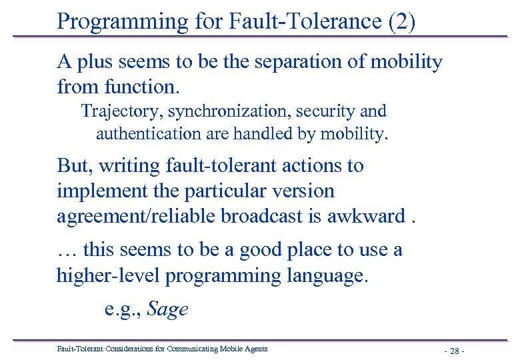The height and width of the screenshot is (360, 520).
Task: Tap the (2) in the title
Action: (401, 21)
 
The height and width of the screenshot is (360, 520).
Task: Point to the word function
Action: (142, 87)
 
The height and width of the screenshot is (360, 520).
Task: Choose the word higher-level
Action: (109, 275)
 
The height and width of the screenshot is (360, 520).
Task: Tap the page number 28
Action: (453, 351)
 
